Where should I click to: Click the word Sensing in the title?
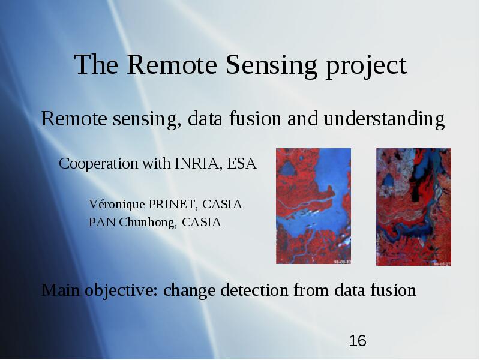272,65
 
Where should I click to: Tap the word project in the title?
367,66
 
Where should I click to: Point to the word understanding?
385,119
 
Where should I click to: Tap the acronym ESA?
242,163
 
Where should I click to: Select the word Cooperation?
98,164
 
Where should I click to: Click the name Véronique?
117,205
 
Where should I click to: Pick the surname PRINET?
172,205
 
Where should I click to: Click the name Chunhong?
148,223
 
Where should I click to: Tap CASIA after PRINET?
222,205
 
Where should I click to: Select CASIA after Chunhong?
202,223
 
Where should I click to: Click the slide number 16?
358,341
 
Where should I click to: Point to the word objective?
121,290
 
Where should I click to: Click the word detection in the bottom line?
254,290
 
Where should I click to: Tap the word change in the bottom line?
189,291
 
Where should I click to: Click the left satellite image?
313,206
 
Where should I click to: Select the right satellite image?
413,207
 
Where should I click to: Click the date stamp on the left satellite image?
342,262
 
